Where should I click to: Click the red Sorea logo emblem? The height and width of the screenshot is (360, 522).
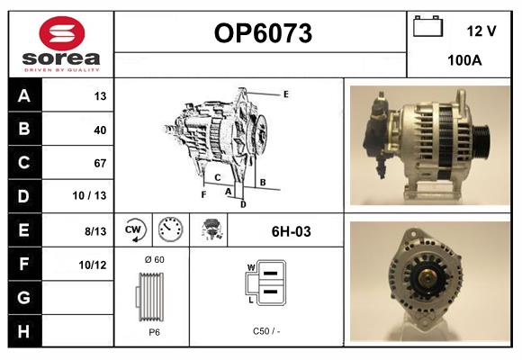62,33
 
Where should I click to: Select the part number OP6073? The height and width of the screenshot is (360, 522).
263,33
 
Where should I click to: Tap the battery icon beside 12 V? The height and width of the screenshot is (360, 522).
427,26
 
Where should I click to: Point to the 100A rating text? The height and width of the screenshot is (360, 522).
464,60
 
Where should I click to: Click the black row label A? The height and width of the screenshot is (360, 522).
24,95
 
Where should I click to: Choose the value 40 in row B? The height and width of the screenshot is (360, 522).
100,130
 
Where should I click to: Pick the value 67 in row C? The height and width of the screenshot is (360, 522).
100,163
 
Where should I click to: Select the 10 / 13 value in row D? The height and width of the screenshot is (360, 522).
89,195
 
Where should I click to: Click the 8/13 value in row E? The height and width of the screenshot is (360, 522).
95,231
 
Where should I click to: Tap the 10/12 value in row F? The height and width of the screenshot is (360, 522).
93,265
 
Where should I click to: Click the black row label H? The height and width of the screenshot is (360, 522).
24,331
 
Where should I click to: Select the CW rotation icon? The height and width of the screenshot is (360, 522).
133,229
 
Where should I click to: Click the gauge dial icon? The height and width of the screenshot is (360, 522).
170,229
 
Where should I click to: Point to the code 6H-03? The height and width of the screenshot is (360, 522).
292,231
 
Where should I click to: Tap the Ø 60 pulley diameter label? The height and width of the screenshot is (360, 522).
155,259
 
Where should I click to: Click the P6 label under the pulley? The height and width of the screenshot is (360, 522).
154,332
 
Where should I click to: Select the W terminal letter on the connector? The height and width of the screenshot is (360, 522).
251,267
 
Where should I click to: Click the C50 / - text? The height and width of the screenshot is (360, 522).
266,331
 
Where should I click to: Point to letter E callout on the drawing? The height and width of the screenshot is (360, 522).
286,94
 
